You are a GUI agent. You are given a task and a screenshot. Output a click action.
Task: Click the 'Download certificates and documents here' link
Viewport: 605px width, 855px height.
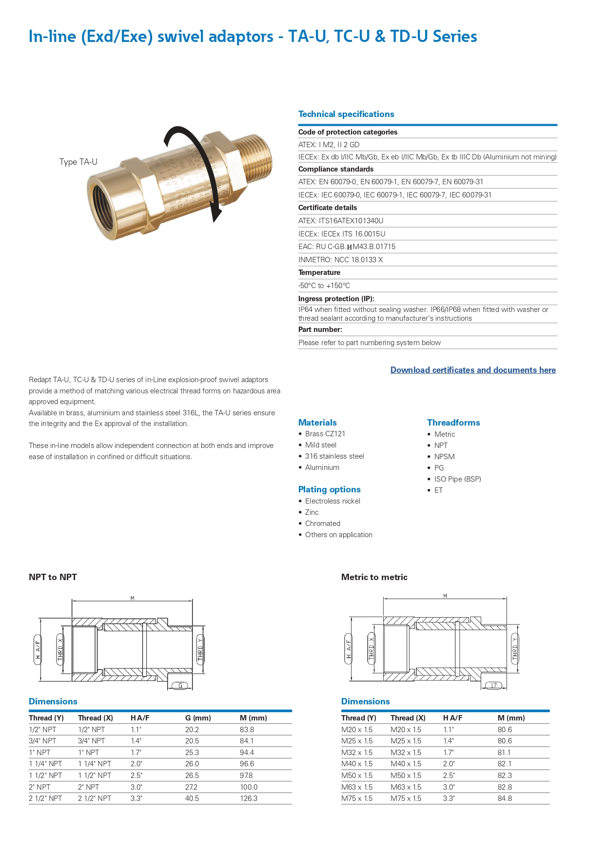click(473, 370)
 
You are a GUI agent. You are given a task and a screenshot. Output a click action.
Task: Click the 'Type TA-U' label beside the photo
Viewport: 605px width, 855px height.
click(78, 162)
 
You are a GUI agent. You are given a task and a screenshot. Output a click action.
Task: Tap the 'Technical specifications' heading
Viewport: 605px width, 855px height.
click(346, 114)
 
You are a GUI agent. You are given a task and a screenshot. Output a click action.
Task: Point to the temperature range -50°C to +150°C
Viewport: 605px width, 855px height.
click(324, 286)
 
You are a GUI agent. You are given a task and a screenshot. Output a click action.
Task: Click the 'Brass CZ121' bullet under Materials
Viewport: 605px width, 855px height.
click(325, 434)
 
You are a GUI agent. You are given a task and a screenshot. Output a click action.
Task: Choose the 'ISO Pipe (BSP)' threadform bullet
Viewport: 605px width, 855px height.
click(457, 479)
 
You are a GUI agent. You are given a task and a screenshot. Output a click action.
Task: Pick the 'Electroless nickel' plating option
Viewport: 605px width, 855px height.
click(332, 501)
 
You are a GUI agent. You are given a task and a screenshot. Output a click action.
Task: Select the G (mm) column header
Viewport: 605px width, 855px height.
click(198, 718)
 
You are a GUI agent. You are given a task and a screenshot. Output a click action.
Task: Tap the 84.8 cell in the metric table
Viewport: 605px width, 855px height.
click(505, 798)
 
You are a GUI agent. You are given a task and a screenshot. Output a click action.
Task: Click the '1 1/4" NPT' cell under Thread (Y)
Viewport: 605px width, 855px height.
click(45, 764)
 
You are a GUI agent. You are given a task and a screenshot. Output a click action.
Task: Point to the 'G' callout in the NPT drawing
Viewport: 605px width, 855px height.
click(180, 686)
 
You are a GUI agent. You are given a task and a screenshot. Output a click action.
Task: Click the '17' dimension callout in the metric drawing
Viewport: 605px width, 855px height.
click(493, 686)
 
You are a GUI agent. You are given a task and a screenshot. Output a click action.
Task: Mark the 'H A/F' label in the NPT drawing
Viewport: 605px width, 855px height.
click(38, 650)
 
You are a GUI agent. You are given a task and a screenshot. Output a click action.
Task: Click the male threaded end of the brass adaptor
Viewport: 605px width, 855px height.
click(256, 158)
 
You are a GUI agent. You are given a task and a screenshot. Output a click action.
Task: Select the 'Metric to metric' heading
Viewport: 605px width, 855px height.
click(374, 577)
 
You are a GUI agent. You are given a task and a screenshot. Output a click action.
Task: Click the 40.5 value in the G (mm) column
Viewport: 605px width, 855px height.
click(192, 798)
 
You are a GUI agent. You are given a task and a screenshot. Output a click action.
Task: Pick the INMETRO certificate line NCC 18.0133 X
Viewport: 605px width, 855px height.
click(340, 260)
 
